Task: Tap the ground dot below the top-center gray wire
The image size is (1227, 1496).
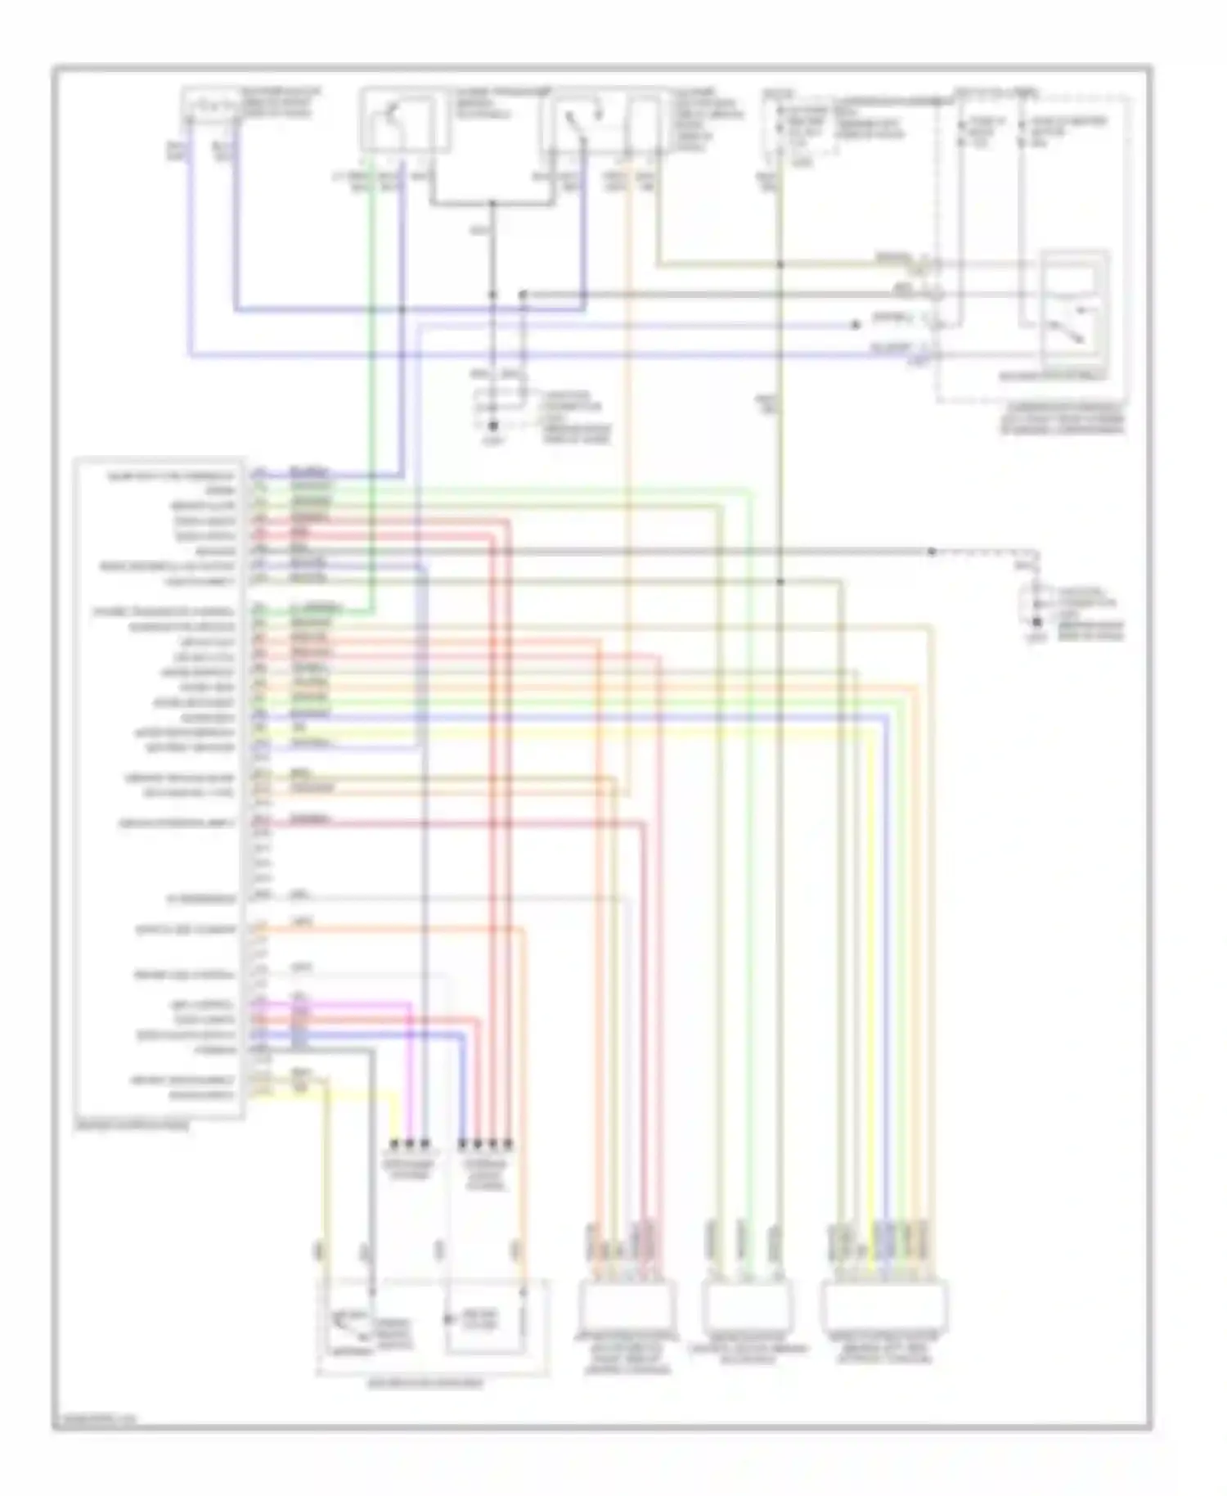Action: (492, 426)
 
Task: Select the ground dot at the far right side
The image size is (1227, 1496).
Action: (1037, 622)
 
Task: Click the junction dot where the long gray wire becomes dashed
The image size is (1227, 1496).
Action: (932, 552)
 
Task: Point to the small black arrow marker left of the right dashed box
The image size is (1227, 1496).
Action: (856, 325)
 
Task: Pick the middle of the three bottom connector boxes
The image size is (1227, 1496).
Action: (747, 1304)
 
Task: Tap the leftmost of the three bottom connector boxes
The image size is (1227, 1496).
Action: (627, 1304)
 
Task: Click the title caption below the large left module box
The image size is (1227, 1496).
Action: (131, 1126)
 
